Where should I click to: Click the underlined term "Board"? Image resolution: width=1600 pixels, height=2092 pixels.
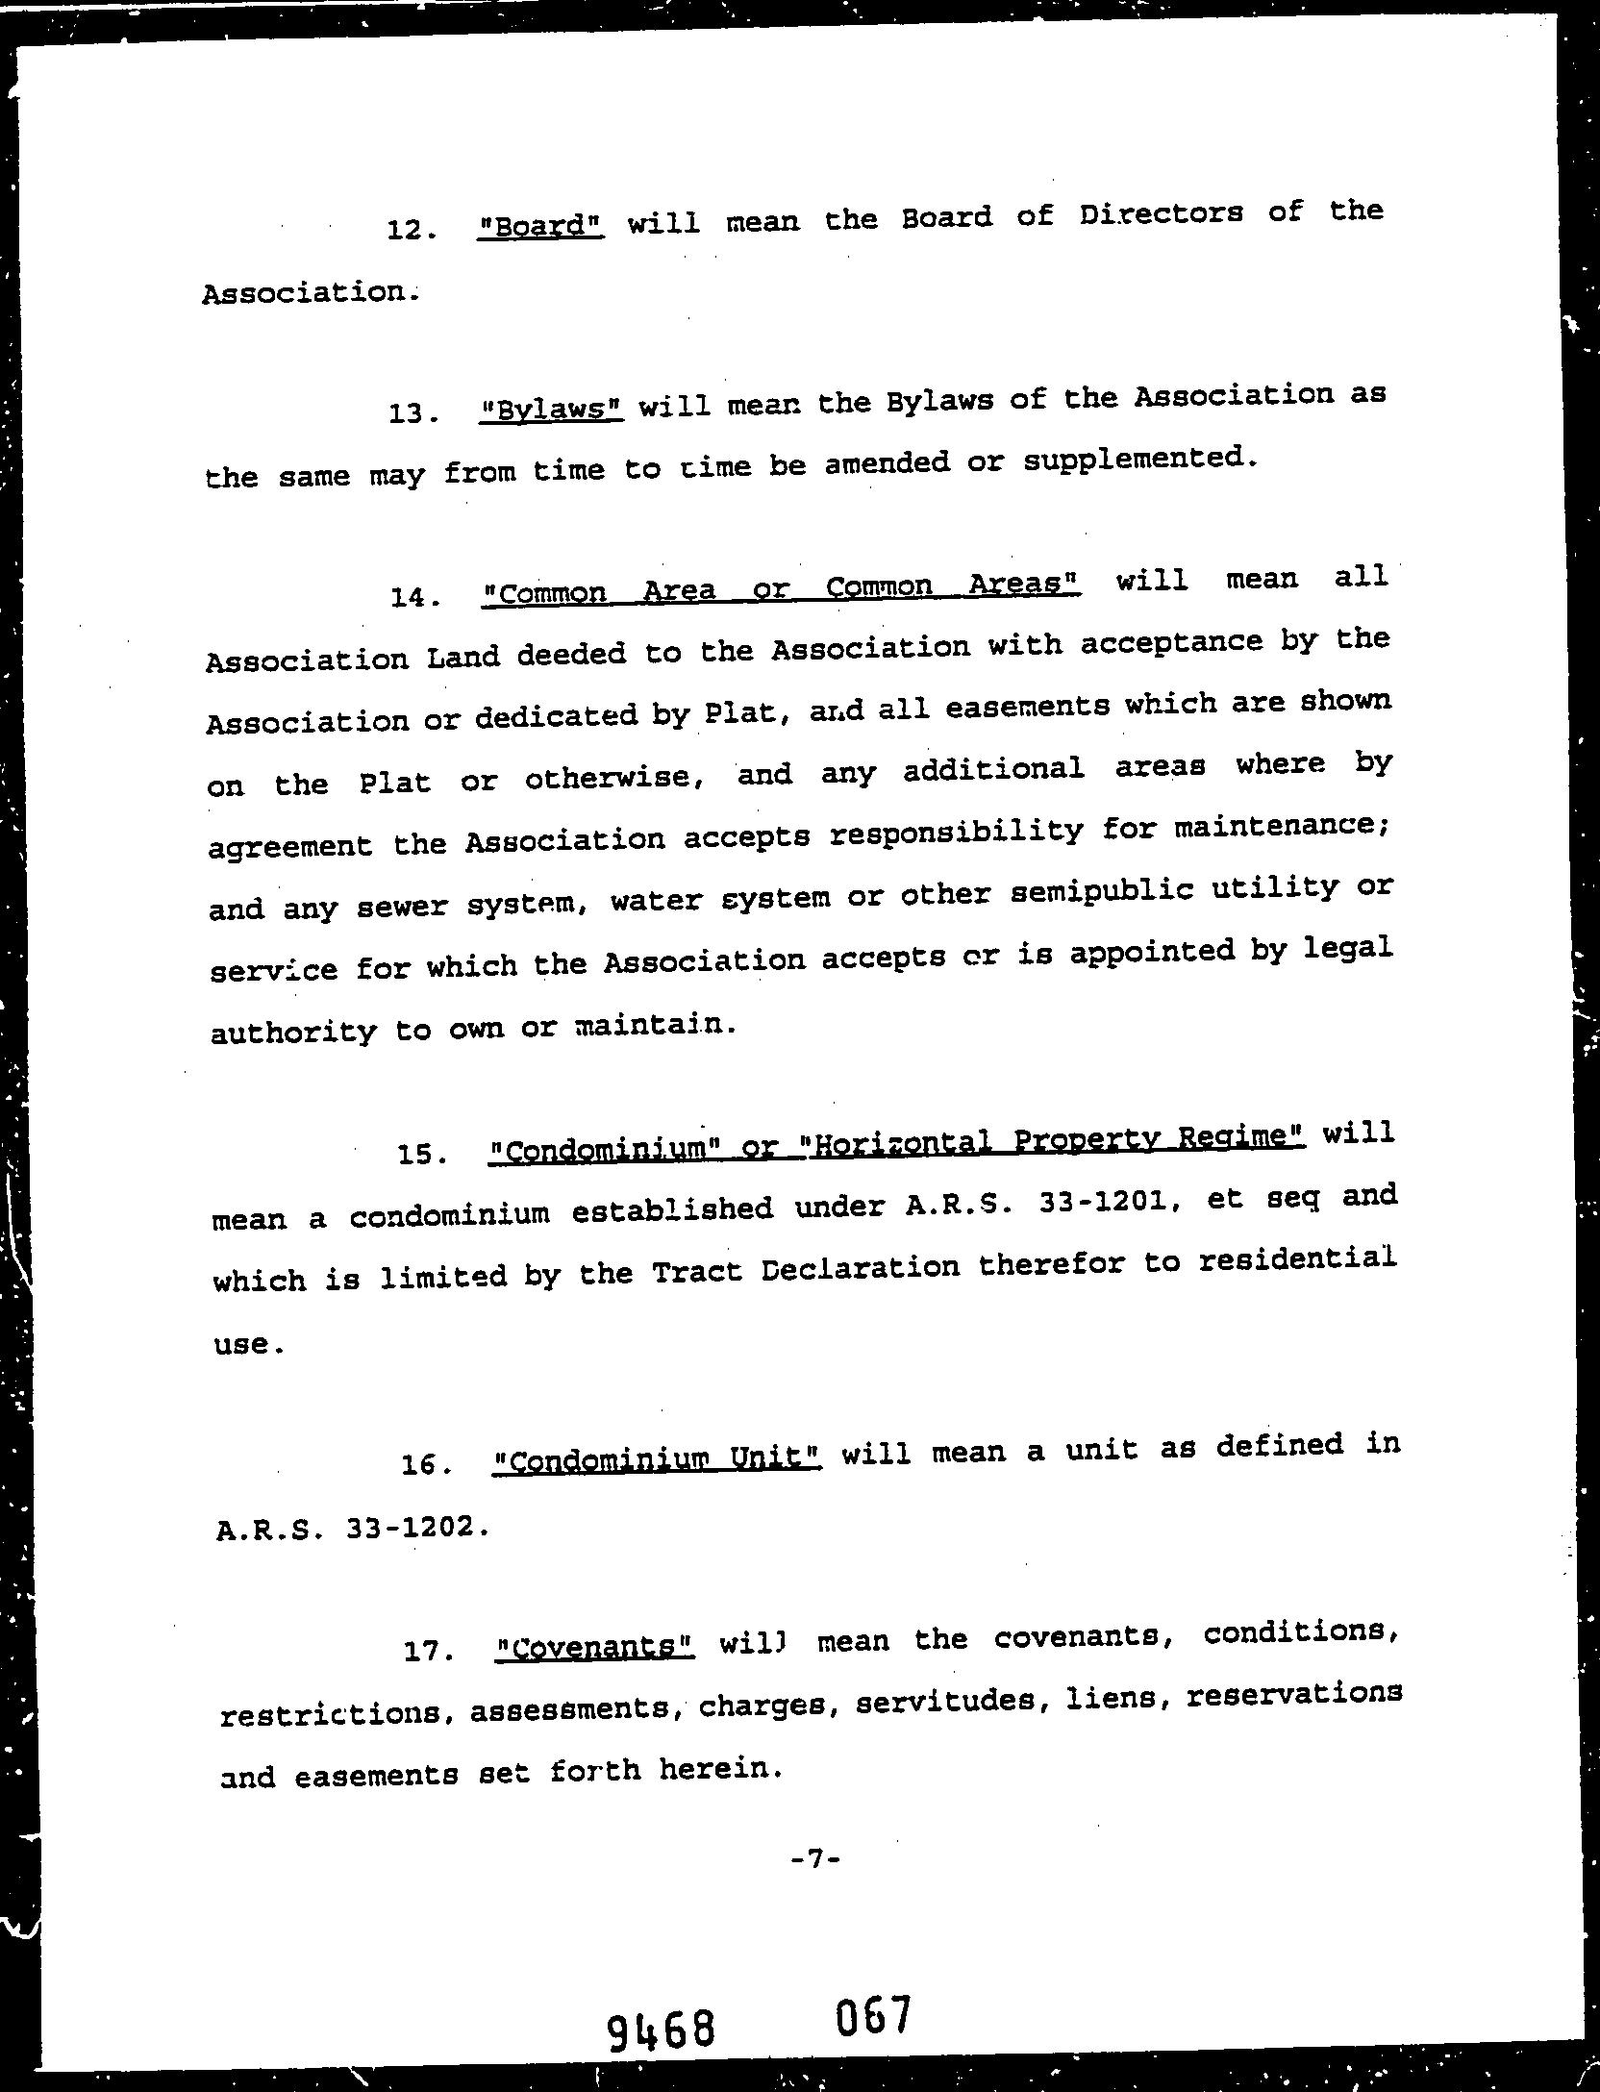coord(540,226)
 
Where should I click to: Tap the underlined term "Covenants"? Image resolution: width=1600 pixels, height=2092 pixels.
coord(594,1646)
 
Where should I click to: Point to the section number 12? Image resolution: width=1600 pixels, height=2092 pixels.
coord(411,231)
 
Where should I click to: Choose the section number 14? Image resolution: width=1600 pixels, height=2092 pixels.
coord(414,598)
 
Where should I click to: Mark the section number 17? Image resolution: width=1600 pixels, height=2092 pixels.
coord(427,1651)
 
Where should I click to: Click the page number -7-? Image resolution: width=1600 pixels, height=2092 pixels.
coord(815,1859)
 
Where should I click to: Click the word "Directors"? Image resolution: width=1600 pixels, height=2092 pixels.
coord(1161,213)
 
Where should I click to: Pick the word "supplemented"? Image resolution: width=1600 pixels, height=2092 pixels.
coord(1140,461)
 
